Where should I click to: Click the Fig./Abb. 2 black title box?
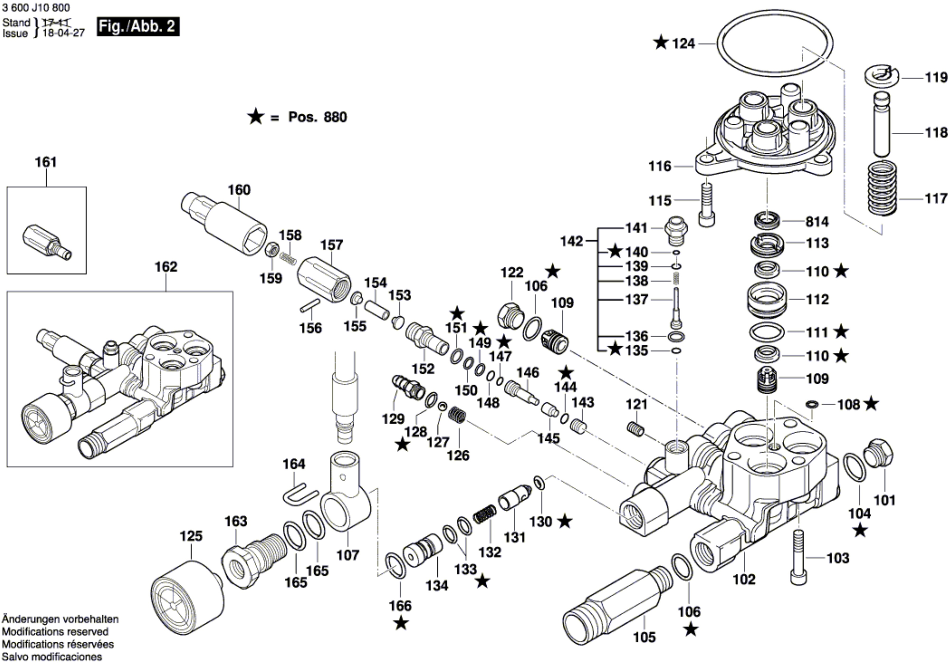[138, 27]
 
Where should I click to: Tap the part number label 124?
[683, 43]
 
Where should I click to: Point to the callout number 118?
[936, 133]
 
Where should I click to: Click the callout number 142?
[571, 241]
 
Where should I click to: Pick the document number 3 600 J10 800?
[36, 7]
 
